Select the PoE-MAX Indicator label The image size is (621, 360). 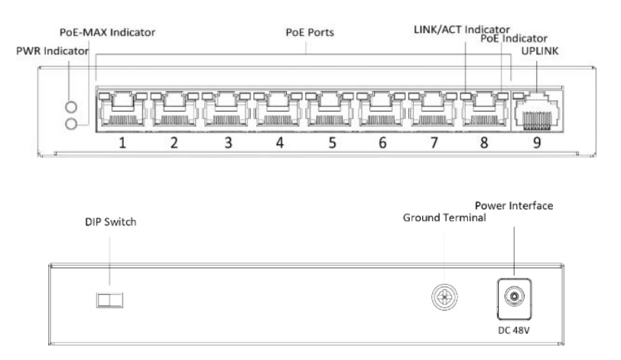click(108, 33)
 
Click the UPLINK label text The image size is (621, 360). click(535, 52)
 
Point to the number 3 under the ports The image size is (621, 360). click(227, 142)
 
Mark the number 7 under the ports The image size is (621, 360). click(434, 142)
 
